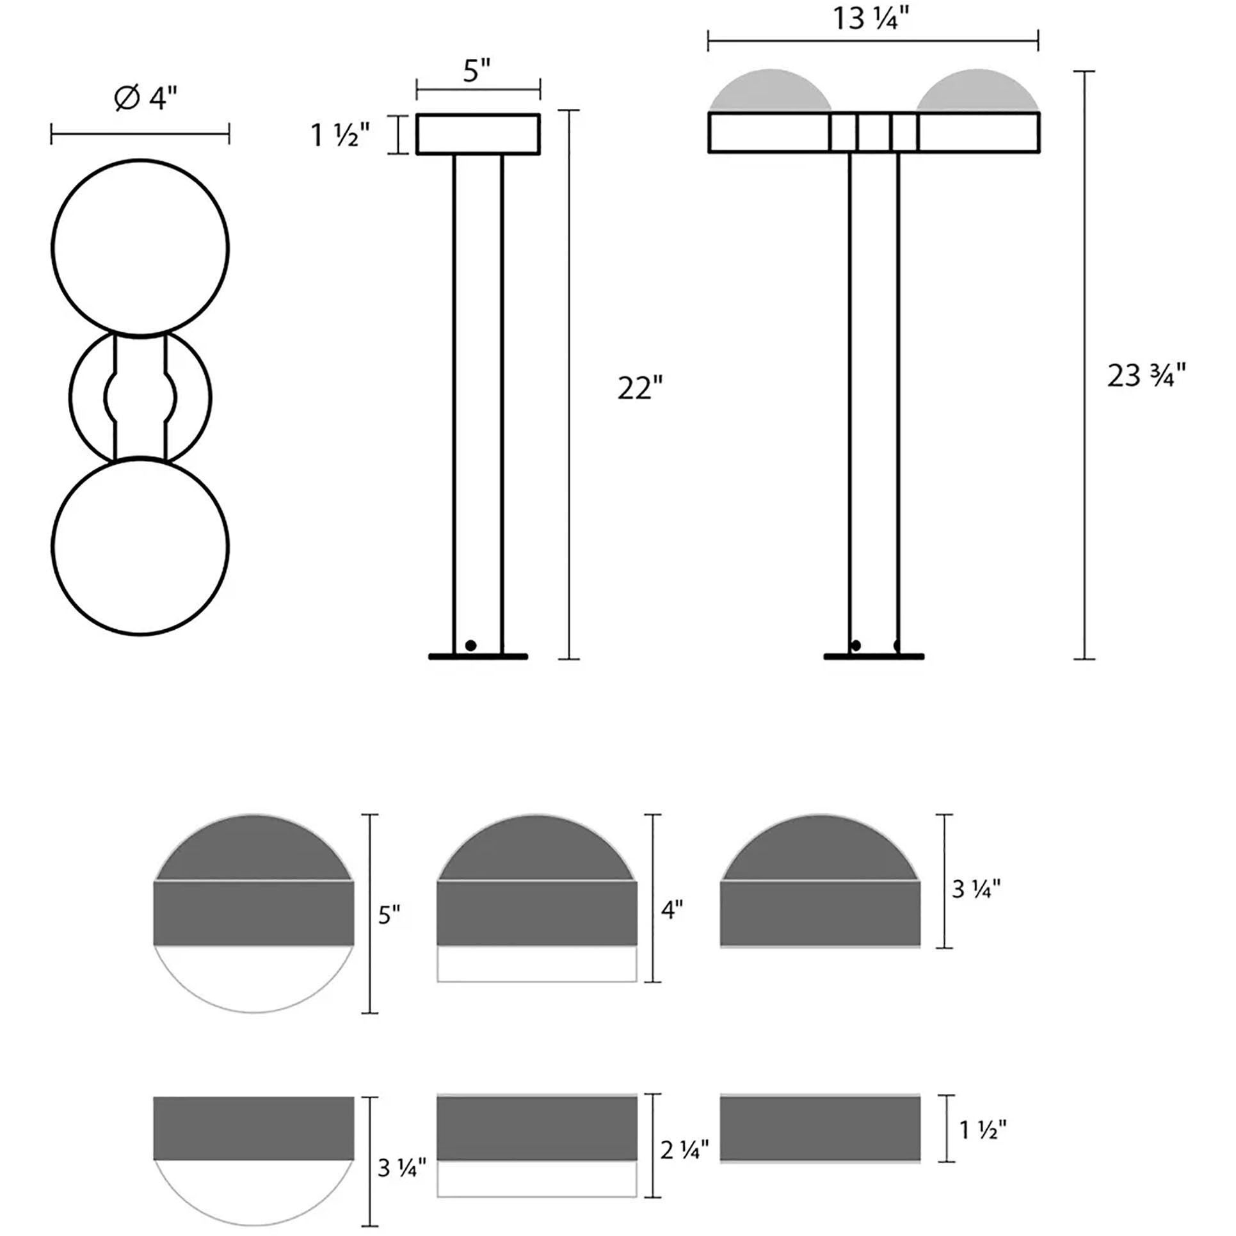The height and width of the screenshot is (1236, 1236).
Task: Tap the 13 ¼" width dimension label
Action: (x=871, y=19)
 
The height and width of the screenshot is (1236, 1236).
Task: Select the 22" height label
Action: (x=639, y=389)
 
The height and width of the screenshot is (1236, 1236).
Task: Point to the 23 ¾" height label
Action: (x=1146, y=376)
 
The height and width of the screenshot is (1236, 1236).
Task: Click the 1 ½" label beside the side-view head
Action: (x=340, y=136)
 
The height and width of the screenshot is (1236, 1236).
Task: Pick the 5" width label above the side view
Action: (x=477, y=70)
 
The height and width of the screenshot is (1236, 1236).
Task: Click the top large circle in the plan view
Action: (x=140, y=247)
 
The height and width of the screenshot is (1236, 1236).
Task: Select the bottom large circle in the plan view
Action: (x=140, y=546)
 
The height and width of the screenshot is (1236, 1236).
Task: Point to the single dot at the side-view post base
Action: (x=470, y=645)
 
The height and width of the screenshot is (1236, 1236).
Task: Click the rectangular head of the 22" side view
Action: (x=478, y=134)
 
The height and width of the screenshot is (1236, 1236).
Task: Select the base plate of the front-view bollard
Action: (x=873, y=656)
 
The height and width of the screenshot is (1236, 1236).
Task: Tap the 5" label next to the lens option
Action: (x=389, y=915)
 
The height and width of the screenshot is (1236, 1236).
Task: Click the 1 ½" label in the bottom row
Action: (x=983, y=1130)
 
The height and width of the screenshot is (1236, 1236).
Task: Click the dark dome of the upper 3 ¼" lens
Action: (x=821, y=851)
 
